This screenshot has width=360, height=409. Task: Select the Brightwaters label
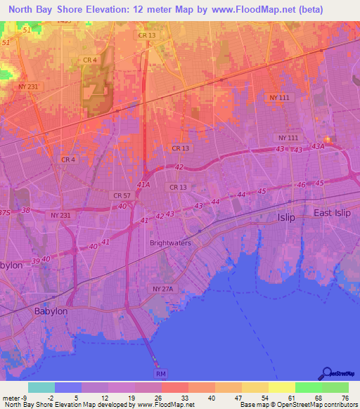pyautogui.click(x=170, y=243)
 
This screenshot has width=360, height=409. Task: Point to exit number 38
pyautogui.click(x=26, y=209)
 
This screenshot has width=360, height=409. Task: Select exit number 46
pyautogui.click(x=302, y=184)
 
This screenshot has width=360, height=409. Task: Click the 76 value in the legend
pyautogui.click(x=344, y=397)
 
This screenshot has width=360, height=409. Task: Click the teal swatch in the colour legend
pyautogui.click(x=41, y=387)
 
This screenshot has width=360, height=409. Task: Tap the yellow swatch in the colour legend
pyautogui.click(x=281, y=387)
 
